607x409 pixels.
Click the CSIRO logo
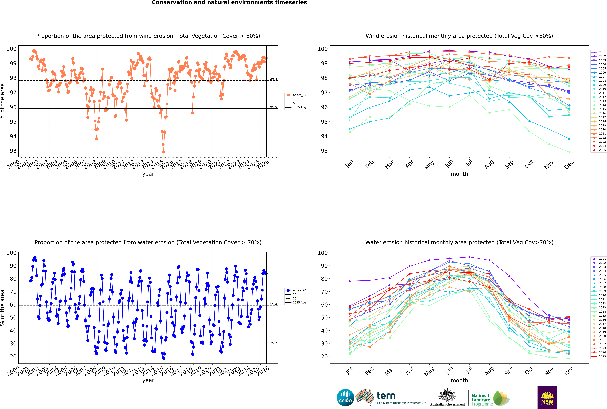345,398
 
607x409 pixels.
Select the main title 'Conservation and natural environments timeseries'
229,3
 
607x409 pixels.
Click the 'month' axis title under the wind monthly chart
459,174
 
